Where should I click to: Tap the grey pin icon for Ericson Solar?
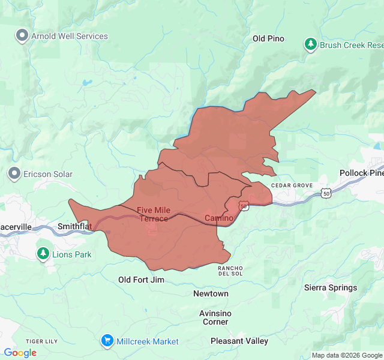pyautogui.click(x=14, y=174)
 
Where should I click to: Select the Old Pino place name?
pyautogui.click(x=268, y=38)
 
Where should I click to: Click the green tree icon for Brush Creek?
pyautogui.click(x=310, y=44)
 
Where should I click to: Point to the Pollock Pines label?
pyautogui.click(x=361, y=173)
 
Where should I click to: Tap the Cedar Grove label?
pyautogui.click(x=292, y=185)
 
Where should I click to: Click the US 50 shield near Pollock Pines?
pyautogui.click(x=326, y=193)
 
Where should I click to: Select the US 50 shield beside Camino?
pyautogui.click(x=244, y=206)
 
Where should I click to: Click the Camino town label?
pyautogui.click(x=218, y=217)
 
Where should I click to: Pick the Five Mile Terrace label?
pyautogui.click(x=154, y=214)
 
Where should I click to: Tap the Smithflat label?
pyautogui.click(x=75, y=227)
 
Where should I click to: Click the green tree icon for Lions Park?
pyautogui.click(x=43, y=254)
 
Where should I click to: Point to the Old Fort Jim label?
pyautogui.click(x=141, y=280)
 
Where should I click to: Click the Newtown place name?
pyautogui.click(x=211, y=293)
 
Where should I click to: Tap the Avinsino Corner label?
pyautogui.click(x=215, y=317)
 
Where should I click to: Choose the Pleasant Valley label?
pyautogui.click(x=239, y=341)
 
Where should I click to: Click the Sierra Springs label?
pyautogui.click(x=331, y=287)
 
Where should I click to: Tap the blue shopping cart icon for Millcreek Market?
pyautogui.click(x=107, y=341)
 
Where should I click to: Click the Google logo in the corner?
pyautogui.click(x=20, y=353)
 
